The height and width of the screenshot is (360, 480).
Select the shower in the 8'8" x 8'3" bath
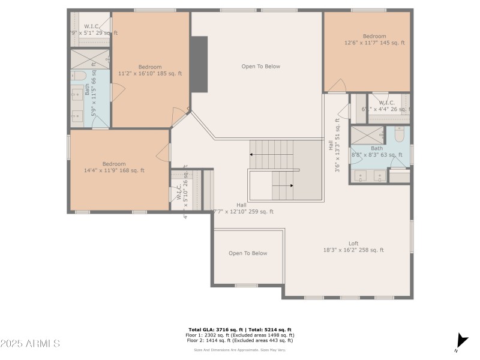pyautogui.click(x=367, y=134)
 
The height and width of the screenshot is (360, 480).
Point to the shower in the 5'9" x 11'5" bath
pyautogui.click(x=90, y=59)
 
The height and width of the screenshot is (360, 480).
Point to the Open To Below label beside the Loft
pyautogui.click(x=248, y=253)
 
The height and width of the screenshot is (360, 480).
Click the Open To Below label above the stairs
pyautogui.click(x=261, y=67)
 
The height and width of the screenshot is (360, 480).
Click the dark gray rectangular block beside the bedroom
pyautogui.click(x=199, y=65)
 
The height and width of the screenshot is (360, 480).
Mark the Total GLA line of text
pyautogui.click(x=239, y=330)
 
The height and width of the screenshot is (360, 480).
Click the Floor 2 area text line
pyautogui.click(x=239, y=340)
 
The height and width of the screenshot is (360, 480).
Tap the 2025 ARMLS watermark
pyautogui.click(x=30, y=344)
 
